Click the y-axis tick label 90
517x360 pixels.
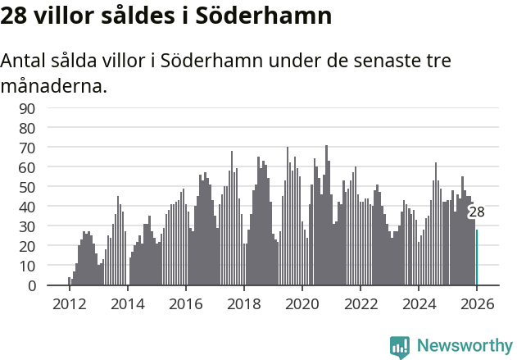coord(50,108)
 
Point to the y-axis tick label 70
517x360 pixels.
coord(50,148)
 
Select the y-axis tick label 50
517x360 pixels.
coord(50,187)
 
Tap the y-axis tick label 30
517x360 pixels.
coord(50,226)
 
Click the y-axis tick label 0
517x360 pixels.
coord(54,286)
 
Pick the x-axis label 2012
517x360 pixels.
coord(69,303)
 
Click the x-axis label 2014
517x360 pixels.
coord(127,303)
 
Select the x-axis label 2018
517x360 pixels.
coord(243,303)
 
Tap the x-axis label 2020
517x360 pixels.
coord(302,303)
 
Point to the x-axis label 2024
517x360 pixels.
coord(419,303)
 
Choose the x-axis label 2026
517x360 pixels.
coord(477,303)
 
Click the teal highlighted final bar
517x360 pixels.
coord(477,257)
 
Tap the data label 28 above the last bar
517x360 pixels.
coord(476,212)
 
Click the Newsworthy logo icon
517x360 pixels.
coord(400,346)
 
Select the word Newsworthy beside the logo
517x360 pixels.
coord(464,346)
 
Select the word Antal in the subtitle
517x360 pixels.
coord(25,62)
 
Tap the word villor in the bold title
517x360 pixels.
coord(67,16)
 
